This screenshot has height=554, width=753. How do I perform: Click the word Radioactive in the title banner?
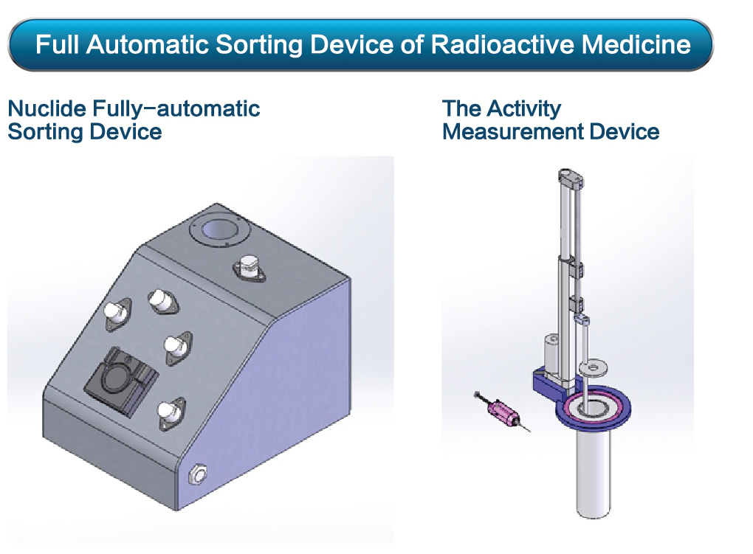(502, 45)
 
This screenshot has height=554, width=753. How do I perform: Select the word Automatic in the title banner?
(147, 45)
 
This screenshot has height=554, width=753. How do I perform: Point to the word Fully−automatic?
(176, 108)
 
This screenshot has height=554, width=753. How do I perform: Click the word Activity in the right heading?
(524, 109)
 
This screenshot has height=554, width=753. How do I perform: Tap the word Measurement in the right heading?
(513, 132)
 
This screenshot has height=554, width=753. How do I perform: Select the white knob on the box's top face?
(249, 266)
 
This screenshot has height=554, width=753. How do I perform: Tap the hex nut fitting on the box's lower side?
(197, 475)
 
